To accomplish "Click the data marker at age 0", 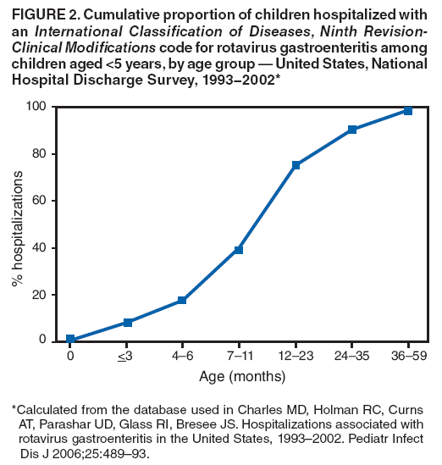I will click(70, 340).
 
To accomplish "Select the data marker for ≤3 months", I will click(127, 323).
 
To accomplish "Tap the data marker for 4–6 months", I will click(182, 301).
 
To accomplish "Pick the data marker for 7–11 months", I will click(239, 250).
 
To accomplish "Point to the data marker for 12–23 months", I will click(296, 165).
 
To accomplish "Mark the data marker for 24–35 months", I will click(351, 130).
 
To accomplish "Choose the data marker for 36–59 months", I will click(407, 111).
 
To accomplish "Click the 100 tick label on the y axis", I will click(36, 106).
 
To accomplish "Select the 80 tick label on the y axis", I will click(39, 153).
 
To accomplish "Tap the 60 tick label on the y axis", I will click(39, 201).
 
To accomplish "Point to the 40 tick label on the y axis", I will click(39, 248).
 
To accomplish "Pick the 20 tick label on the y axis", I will click(39, 295).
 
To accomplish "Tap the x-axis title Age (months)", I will click(242, 376).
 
